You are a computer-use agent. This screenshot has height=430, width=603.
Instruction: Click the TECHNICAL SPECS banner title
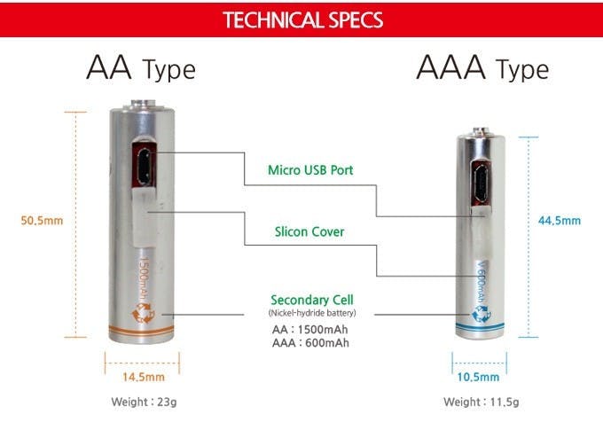tap(303, 20)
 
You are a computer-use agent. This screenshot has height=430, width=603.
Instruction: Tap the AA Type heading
tap(141, 68)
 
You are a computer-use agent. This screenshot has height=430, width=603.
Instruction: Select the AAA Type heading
tap(482, 68)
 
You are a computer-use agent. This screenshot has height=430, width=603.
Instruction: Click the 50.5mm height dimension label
tap(42, 221)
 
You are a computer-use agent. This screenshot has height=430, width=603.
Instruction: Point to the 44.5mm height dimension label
tap(560, 221)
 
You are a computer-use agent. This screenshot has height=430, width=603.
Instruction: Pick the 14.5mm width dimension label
tap(144, 377)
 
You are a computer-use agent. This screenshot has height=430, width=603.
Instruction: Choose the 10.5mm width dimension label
tap(478, 377)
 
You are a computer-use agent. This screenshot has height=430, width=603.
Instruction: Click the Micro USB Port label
tap(310, 170)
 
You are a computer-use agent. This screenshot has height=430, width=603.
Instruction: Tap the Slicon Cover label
tap(309, 231)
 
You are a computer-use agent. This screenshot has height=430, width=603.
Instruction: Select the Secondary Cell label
tap(312, 300)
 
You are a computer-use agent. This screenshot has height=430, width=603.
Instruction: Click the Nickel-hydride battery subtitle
tap(312, 313)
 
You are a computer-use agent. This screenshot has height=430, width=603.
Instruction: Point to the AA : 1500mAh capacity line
tap(310, 330)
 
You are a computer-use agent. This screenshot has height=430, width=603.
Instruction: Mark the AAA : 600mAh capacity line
tap(310, 343)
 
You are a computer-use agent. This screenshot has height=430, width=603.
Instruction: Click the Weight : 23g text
tap(144, 402)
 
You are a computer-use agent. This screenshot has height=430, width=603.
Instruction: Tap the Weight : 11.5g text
tap(482, 402)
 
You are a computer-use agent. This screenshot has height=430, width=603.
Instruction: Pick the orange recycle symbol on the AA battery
tap(143, 313)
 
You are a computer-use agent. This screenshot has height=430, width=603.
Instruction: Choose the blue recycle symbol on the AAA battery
tap(482, 313)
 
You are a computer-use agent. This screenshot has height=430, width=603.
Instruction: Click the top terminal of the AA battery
tap(143, 104)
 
